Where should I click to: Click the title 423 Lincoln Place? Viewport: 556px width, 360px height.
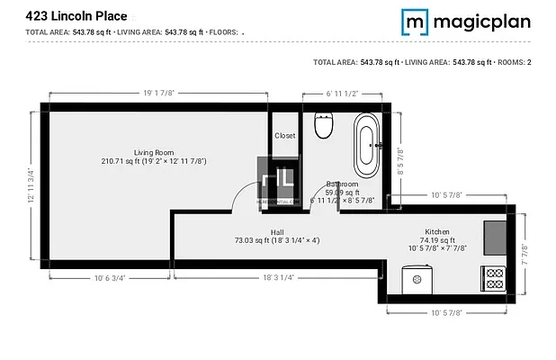click(x=76, y=15)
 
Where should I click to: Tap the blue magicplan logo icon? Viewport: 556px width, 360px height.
click(x=415, y=21)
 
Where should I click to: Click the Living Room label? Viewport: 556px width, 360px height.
click(x=154, y=152)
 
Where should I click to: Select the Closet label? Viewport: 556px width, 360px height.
click(x=284, y=136)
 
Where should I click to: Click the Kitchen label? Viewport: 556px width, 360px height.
click(x=437, y=232)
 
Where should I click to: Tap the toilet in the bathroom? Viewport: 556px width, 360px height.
click(x=324, y=126)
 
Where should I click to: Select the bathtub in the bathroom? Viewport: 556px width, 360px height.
click(x=366, y=144)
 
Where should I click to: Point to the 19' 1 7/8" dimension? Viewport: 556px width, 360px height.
click(x=158, y=92)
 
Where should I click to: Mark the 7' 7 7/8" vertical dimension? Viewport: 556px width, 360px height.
click(x=525, y=255)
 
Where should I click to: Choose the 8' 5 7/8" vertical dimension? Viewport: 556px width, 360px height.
click(x=401, y=165)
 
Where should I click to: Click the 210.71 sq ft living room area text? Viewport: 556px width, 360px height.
click(x=154, y=161)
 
